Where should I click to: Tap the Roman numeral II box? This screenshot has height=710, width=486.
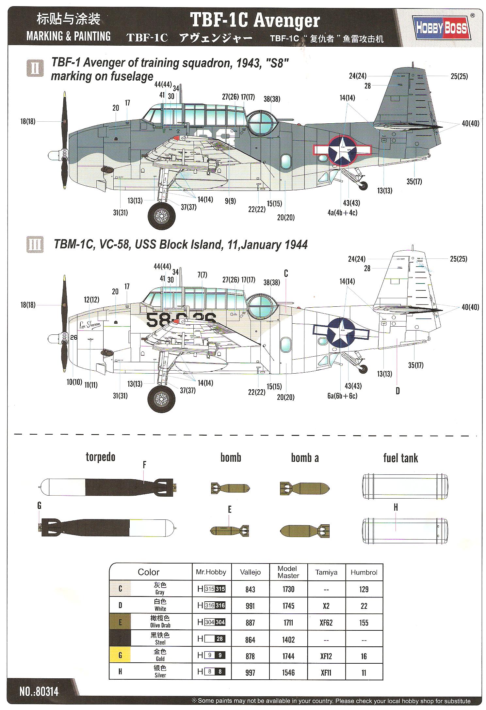coord(35,68)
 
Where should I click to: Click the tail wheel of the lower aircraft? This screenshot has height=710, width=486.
coord(363,369)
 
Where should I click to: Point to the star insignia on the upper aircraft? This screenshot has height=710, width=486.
coord(342,150)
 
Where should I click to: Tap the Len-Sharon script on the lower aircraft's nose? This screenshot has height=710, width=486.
coord(90,325)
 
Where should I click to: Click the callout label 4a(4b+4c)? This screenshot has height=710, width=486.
coord(342,213)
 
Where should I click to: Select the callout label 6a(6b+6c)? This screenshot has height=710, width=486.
coord(342,396)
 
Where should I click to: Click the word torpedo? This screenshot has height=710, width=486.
coord(100,457)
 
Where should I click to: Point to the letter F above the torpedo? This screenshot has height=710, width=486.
coord(144,465)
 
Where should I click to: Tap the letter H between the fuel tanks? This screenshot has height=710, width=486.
coord(396,507)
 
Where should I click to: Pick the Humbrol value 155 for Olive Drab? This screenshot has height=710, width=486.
coord(364,623)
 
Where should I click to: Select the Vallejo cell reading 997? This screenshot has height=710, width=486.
coord(250,672)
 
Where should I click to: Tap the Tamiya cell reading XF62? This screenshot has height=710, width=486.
coord(326,623)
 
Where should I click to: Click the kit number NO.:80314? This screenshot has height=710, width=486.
coord(39,691)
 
